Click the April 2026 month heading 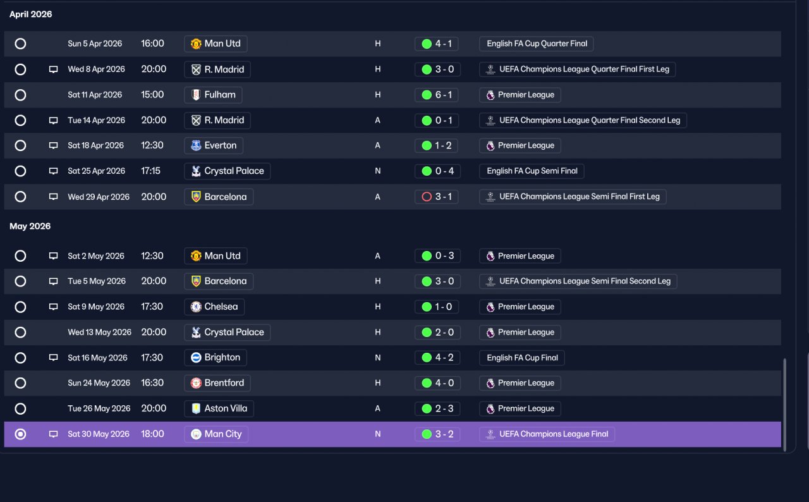[31, 15]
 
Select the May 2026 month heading [30, 226]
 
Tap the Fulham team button [213, 95]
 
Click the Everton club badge [196, 145]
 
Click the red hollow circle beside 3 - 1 [427, 197]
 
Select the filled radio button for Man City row [20, 434]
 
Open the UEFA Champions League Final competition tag [547, 434]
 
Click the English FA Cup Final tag [522, 358]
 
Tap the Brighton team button [216, 358]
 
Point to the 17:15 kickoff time [150, 171]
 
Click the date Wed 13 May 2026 [100, 333]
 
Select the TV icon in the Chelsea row [54, 307]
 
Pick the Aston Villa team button [219, 408]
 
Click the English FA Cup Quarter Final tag [537, 44]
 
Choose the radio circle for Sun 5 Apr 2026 [20, 44]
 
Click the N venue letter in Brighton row [377, 358]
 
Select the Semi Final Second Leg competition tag [578, 281]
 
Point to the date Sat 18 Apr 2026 [95, 145]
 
